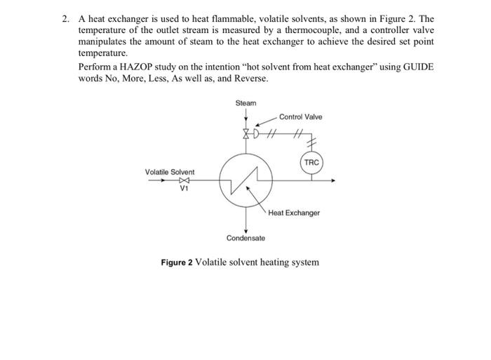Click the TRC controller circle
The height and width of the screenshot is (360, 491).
311,162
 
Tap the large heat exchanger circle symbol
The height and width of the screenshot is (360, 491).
246,181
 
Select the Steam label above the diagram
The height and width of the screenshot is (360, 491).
246,103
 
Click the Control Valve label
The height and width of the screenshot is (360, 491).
300,116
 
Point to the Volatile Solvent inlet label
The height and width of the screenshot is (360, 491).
170,171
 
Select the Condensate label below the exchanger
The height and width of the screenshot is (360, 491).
245,239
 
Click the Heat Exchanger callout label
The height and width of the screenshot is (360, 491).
294,212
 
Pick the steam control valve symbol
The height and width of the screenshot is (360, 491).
246,132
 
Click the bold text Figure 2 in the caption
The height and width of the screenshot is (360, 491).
177,262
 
